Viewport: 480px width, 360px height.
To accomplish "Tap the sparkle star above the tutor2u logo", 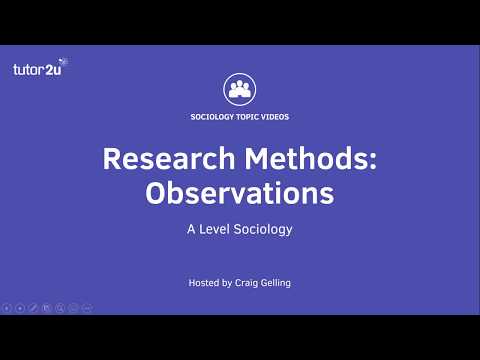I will coord(63,61).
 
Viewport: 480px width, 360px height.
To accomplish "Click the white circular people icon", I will coord(239,88).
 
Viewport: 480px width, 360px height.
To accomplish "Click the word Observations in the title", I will coord(239,193).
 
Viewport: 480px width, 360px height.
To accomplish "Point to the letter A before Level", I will coord(190,229).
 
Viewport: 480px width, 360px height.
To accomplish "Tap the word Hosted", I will coord(204,283).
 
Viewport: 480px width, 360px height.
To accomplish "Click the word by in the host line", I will coord(229,283).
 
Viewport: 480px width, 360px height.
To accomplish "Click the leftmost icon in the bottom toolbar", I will coord(7,308).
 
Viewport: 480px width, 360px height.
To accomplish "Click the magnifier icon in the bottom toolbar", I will coord(60,308).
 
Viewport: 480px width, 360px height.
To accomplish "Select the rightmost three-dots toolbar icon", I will coord(87,308).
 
